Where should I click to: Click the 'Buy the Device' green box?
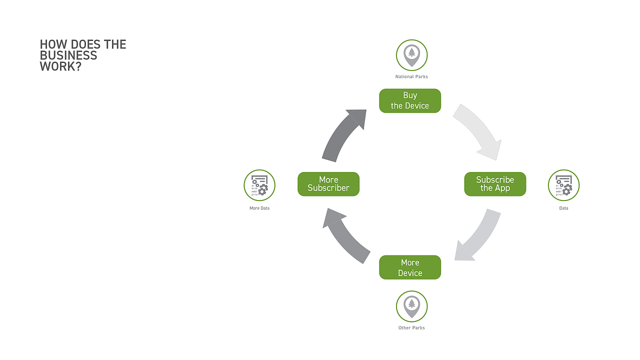coord(410,101)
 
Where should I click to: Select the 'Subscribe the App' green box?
coord(495,184)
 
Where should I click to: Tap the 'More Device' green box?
coord(410,267)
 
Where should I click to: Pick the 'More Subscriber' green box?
coord(328,184)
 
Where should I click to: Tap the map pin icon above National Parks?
coord(411,55)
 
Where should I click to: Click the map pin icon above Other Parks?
coord(411,306)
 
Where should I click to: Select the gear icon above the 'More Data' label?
coord(259,185)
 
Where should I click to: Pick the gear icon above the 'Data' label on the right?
coord(563,185)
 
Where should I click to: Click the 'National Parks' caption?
coord(411,76)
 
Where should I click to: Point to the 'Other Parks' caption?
coord(411,327)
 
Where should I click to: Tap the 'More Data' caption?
coord(259,208)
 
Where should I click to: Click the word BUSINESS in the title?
coord(68,55)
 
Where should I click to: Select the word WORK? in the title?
coord(60,66)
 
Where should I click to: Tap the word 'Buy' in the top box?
coord(410,95)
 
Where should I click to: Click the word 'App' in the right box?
coord(502,188)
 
